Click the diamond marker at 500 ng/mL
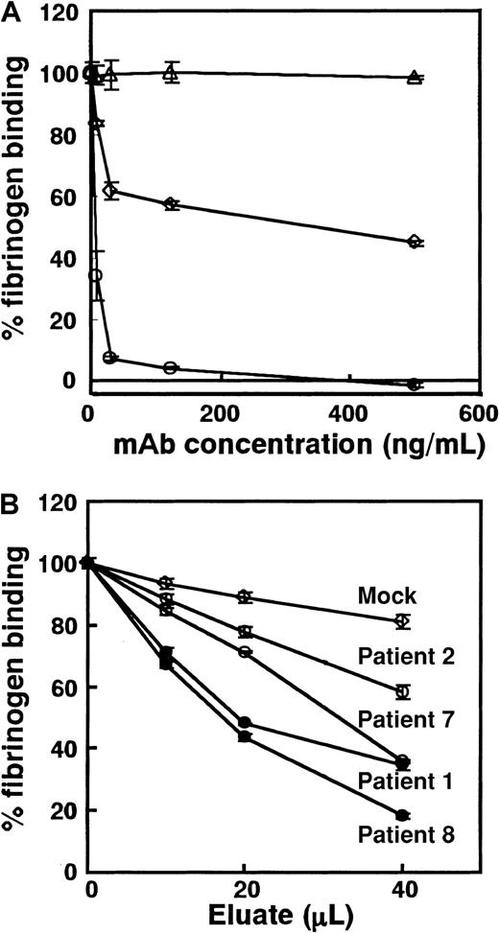pyautogui.click(x=415, y=242)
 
